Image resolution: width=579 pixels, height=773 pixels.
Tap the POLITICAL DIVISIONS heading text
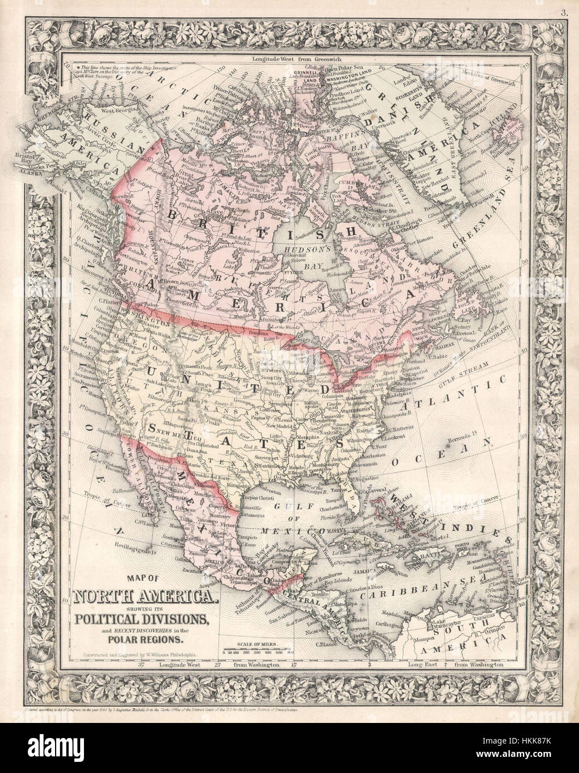point(143,619)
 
